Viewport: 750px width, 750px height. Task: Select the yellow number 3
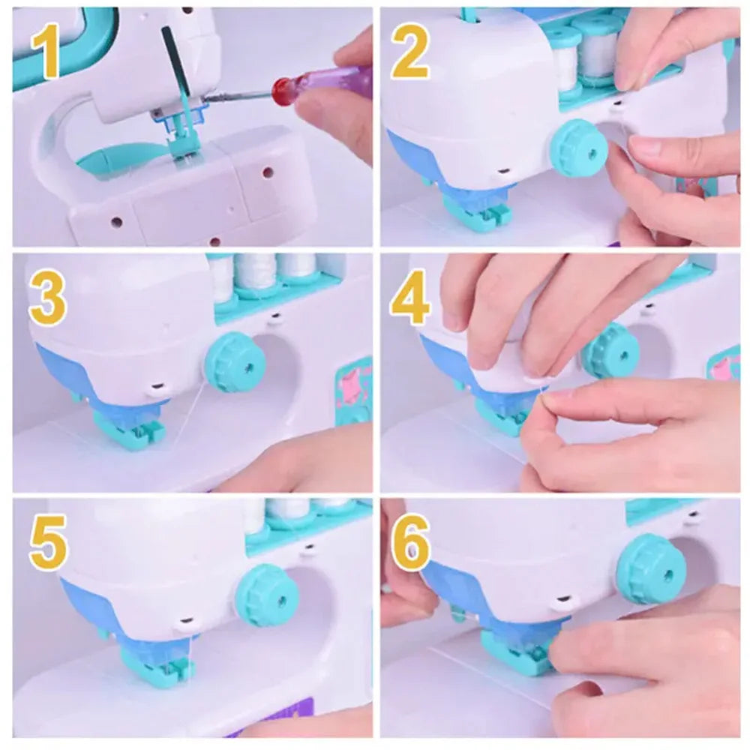(46, 300)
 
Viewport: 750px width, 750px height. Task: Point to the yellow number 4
(410, 300)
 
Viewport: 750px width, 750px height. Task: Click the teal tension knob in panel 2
(578, 148)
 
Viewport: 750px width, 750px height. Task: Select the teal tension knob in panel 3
(235, 363)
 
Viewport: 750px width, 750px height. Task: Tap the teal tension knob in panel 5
(267, 595)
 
